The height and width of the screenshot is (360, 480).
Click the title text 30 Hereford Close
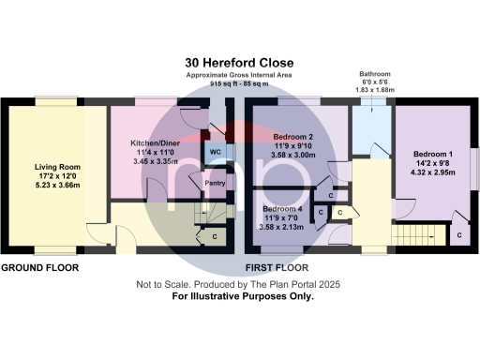(x=239, y=63)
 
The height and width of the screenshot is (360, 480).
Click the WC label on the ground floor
(x=215, y=151)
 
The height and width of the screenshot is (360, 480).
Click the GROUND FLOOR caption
(x=38, y=267)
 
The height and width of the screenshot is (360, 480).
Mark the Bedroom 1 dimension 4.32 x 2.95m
(x=434, y=173)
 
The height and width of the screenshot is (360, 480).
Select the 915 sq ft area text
(x=239, y=83)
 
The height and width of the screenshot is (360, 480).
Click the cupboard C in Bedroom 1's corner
(x=459, y=237)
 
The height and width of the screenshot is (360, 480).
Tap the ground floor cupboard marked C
(x=215, y=236)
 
